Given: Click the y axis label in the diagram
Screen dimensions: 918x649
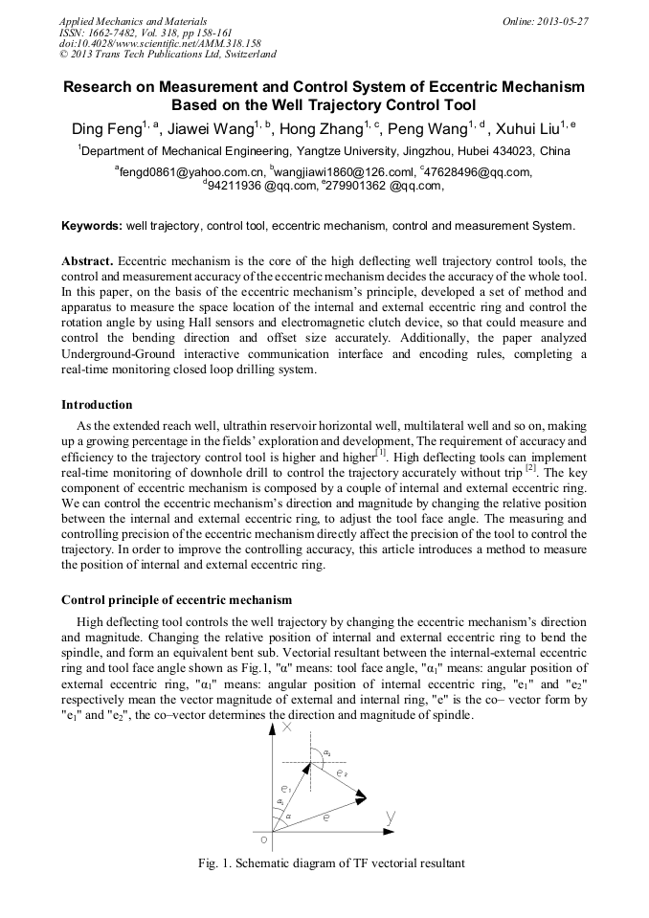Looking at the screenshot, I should (x=391, y=816).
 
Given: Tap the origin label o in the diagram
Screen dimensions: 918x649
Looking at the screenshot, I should (x=263, y=840).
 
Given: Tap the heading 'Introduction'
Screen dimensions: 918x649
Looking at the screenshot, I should (x=97, y=405).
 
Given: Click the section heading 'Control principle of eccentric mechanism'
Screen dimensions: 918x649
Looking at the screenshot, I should (x=176, y=600).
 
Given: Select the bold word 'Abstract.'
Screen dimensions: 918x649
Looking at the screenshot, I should (x=87, y=260).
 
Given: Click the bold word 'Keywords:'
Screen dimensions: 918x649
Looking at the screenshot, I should (x=92, y=227).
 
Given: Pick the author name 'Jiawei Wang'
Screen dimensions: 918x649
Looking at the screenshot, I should (x=210, y=128).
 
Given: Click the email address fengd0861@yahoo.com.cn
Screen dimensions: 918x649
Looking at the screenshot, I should (x=189, y=171).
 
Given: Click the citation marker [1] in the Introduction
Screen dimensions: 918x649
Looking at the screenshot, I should (x=381, y=453).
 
